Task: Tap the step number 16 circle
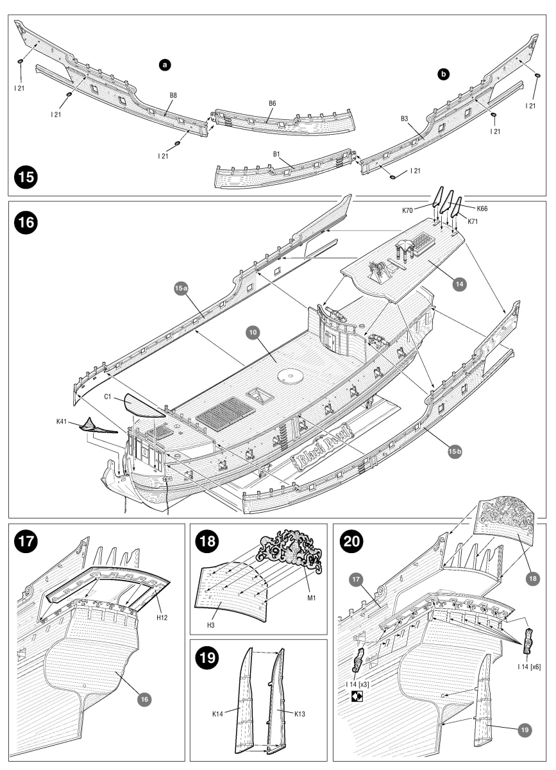pos(27,223)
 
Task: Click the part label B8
pos(173,95)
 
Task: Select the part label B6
pos(273,103)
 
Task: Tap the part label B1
pos(277,154)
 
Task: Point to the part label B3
pos(405,119)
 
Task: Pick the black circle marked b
pos(443,74)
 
